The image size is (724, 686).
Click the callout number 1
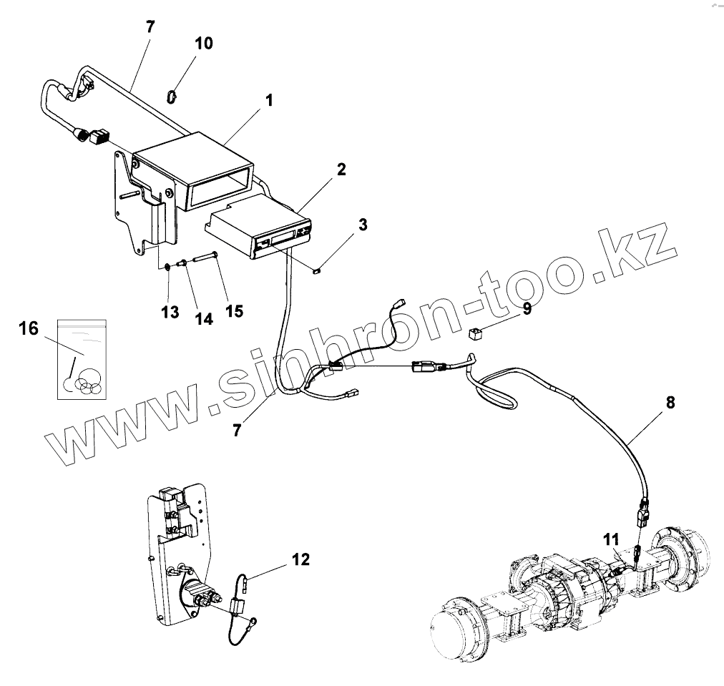pyautogui.click(x=268, y=101)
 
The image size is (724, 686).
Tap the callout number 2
pyautogui.click(x=341, y=170)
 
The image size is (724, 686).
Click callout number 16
pyautogui.click(x=29, y=328)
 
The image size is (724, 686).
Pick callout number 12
pyautogui.click(x=301, y=559)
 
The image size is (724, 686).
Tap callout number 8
pyautogui.click(x=670, y=402)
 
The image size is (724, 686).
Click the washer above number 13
pyautogui.click(x=167, y=268)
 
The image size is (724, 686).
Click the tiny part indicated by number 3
pyautogui.click(x=318, y=270)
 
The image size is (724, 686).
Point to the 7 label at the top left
pyautogui.click(x=150, y=27)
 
